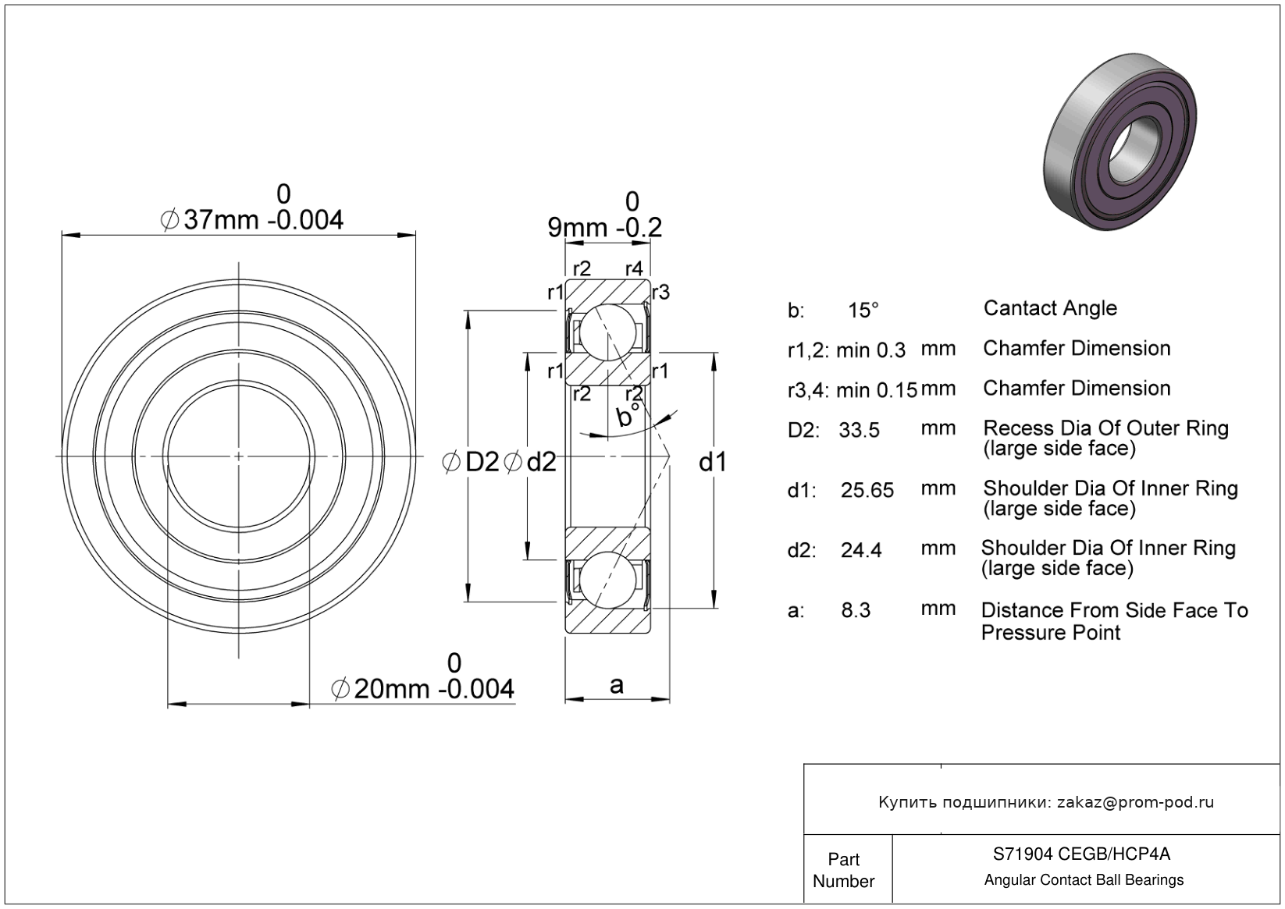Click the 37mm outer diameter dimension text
click(x=252, y=220)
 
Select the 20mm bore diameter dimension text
click(x=423, y=689)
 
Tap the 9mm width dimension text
click(x=605, y=228)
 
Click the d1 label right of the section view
click(x=713, y=462)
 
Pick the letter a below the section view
click(x=617, y=685)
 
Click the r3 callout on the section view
click(x=660, y=293)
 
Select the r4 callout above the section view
click(x=634, y=268)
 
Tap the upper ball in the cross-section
click(x=607, y=332)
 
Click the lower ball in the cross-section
click(x=607, y=580)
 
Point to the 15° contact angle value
click(x=863, y=311)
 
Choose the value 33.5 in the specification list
click(x=860, y=430)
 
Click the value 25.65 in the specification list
click(x=867, y=490)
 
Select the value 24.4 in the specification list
click(x=861, y=551)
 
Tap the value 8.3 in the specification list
click(x=856, y=610)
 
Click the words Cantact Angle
click(x=1050, y=308)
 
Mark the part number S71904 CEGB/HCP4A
click(x=1082, y=854)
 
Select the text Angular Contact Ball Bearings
click(x=1084, y=880)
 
